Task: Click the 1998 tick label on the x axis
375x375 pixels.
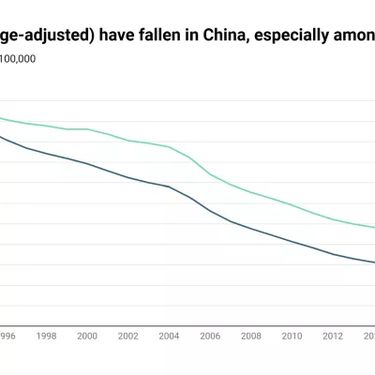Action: click(x=46, y=335)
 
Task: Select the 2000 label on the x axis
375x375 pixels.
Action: click(x=87, y=335)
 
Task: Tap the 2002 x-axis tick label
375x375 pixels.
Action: click(x=127, y=335)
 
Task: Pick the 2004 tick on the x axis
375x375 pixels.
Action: click(x=169, y=335)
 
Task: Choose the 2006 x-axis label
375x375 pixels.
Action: click(x=209, y=335)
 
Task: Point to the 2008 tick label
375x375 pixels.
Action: click(x=250, y=335)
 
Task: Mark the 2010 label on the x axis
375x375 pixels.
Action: click(x=292, y=335)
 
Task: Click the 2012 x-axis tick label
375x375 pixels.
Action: click(x=332, y=335)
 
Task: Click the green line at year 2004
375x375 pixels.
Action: click(x=169, y=147)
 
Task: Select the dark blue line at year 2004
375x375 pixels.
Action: click(x=169, y=187)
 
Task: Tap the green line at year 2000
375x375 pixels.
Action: click(x=87, y=129)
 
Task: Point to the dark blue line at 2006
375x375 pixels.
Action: click(x=209, y=212)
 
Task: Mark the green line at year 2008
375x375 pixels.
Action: click(x=250, y=192)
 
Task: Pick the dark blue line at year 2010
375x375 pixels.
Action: click(x=292, y=241)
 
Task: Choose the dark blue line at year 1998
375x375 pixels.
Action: click(x=46, y=153)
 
